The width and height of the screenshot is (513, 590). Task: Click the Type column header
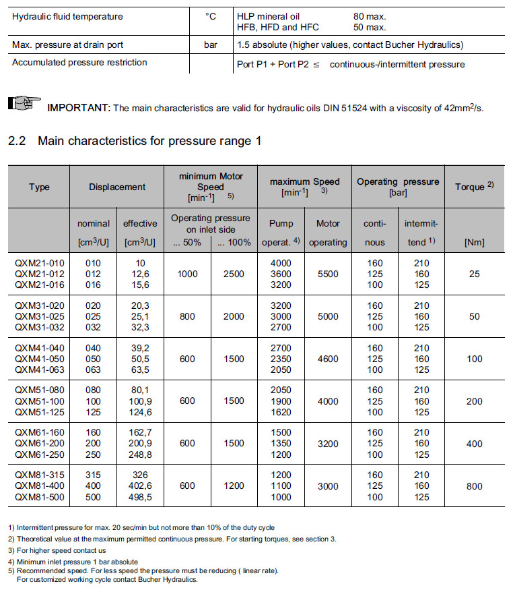pos(39,187)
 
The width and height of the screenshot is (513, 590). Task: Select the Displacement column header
pos(116,187)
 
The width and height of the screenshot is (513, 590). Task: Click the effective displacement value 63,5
pos(136,370)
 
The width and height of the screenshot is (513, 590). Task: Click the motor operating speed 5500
pos(328,274)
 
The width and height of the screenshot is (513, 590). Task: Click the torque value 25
pos(475,274)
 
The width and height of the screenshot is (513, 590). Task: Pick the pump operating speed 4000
pos(281,263)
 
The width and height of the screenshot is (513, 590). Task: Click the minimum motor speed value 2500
pos(234,274)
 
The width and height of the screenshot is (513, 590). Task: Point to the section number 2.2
pos(16,141)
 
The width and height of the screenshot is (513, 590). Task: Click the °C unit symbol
pos(210,16)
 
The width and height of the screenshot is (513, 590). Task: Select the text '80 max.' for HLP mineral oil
pos(370,16)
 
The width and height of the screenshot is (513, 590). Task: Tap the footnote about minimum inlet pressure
pos(73,562)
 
